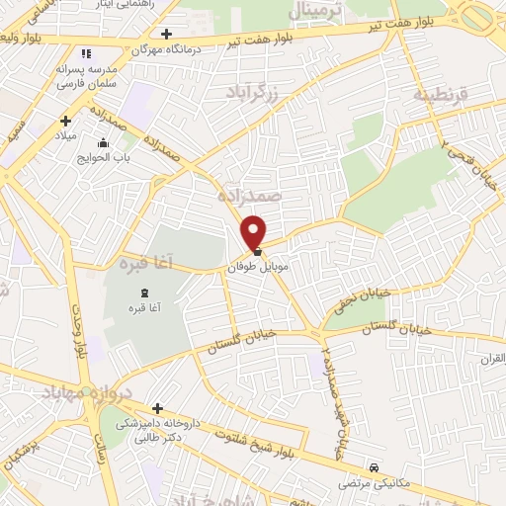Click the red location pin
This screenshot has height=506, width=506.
pyautogui.click(x=255, y=231)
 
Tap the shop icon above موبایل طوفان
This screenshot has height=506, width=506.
pyautogui.click(x=257, y=251)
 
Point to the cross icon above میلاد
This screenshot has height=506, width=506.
pyautogui.click(x=65, y=121)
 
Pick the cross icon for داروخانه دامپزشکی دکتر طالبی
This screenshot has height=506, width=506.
pyautogui.click(x=157, y=408)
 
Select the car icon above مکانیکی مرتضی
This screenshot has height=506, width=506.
pyautogui.click(x=374, y=467)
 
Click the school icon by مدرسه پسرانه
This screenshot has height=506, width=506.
pyautogui.click(x=85, y=53)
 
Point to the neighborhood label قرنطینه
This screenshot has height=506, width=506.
pyautogui.click(x=436, y=95)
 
